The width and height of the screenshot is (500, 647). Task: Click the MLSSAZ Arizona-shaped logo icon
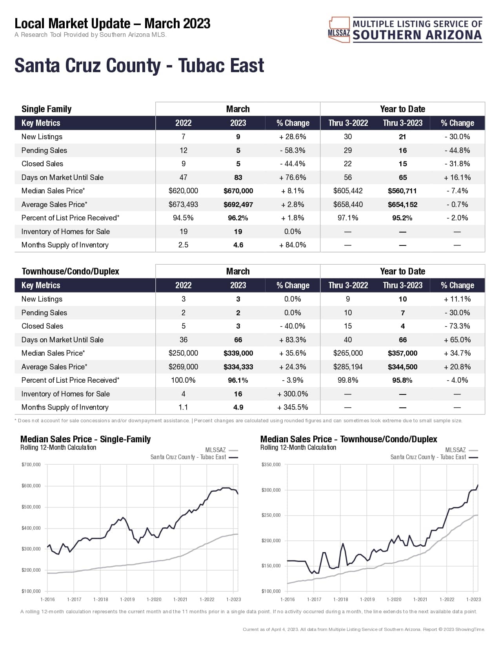coord(339,29)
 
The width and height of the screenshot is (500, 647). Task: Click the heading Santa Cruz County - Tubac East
coord(139,65)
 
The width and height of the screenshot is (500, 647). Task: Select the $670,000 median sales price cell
coord(238,191)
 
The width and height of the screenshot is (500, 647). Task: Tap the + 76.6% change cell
coord(293,177)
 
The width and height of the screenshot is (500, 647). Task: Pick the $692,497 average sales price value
coord(238,204)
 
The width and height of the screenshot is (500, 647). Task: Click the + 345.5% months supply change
coord(293,407)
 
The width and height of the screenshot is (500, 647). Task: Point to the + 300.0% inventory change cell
coord(293,394)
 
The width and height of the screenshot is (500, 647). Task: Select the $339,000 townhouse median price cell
coord(238,353)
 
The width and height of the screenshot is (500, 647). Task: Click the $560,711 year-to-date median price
coord(402,191)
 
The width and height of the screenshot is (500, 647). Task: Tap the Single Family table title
coord(46,109)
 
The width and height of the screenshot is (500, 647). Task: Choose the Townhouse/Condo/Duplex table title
coord(70,271)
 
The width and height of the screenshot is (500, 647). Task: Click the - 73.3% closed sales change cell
coord(457,326)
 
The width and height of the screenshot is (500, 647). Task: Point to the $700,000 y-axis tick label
coord(31,465)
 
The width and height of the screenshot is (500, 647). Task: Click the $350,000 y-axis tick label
coord(271,465)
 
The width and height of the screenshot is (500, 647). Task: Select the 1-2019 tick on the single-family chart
coord(127,599)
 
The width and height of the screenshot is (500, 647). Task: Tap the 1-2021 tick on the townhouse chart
coord(420,599)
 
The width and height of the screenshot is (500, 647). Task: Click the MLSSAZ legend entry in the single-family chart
coord(216,450)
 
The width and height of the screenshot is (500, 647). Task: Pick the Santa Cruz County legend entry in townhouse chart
coord(428,457)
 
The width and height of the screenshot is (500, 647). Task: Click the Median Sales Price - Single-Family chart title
coord(85,439)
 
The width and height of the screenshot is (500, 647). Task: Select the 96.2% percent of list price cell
coord(238,218)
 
